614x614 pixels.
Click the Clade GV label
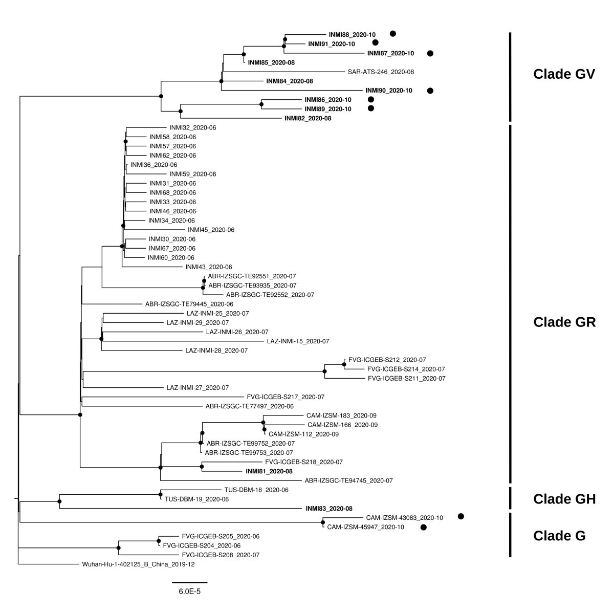(x=564, y=74)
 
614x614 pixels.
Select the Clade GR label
(x=564, y=322)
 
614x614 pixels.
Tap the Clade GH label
(x=564, y=499)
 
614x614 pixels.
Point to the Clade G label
(x=559, y=536)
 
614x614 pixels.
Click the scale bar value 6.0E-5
(x=189, y=591)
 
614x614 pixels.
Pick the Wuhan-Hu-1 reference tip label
(x=138, y=564)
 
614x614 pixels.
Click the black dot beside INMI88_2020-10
(x=392, y=34)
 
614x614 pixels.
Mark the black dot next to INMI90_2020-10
(x=430, y=91)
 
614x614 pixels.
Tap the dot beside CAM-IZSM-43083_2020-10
(x=461, y=517)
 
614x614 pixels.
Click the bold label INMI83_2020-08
(x=328, y=509)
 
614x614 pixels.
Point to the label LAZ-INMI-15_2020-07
(x=298, y=341)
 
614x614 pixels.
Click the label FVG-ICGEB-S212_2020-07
(x=387, y=360)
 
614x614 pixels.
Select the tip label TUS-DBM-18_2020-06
(x=256, y=490)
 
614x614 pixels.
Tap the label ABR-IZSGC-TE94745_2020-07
(x=348, y=480)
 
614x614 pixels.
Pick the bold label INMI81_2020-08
(x=269, y=471)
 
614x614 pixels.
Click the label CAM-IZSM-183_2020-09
(x=341, y=415)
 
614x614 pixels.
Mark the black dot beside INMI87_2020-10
(x=430, y=53)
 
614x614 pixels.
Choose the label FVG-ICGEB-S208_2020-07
(x=221, y=555)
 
